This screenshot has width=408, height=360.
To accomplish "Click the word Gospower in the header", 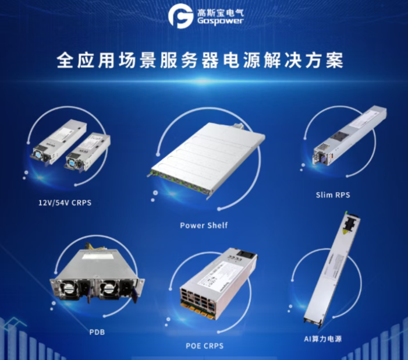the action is click(220, 21).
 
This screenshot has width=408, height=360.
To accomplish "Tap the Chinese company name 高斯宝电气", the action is click(220, 12).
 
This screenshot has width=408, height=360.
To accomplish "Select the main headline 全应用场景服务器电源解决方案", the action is click(200, 60).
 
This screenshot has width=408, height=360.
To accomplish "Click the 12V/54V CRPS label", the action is click(65, 203).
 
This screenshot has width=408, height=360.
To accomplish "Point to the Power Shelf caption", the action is click(204, 225).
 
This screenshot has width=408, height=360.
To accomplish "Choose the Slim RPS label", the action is click(333, 195).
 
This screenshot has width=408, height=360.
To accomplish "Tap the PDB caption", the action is click(97, 332).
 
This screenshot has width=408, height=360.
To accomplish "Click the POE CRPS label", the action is click(204, 346).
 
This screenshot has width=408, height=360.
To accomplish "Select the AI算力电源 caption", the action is click(322, 339).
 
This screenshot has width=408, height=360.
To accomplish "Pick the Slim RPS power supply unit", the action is click(349, 136).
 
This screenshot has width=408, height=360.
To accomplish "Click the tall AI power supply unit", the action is click(332, 269).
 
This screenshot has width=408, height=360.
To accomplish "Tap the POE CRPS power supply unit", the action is click(219, 284).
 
